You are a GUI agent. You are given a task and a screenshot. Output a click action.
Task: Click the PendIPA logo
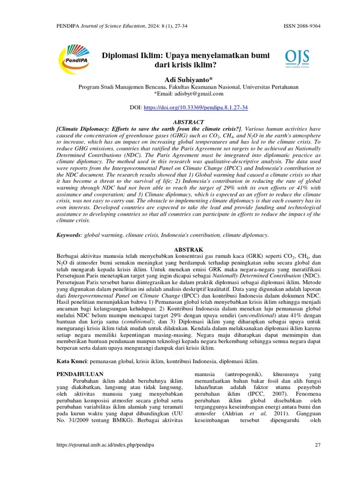(77, 60)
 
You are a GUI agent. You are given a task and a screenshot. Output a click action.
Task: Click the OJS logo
(297, 59)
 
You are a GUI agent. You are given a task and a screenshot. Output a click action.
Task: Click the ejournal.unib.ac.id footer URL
(105, 444)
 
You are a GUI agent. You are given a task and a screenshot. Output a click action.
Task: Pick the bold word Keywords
(68, 235)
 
